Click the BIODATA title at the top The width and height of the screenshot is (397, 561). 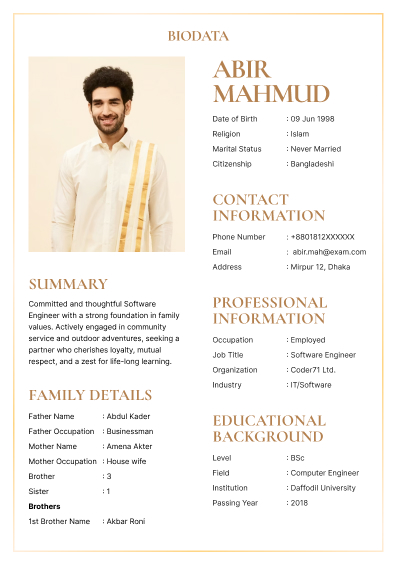198,36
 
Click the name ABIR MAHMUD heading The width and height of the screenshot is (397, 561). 270,82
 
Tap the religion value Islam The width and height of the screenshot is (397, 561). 303,134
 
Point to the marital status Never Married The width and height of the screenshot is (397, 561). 317,149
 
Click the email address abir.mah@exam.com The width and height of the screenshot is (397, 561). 329,252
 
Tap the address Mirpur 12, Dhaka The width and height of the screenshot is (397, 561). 323,267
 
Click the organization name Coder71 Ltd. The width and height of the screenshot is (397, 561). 315,370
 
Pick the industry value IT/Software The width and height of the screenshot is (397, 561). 313,385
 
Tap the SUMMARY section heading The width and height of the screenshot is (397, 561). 68,284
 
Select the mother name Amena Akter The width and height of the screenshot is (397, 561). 131,446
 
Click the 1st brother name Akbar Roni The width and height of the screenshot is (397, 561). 129,521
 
